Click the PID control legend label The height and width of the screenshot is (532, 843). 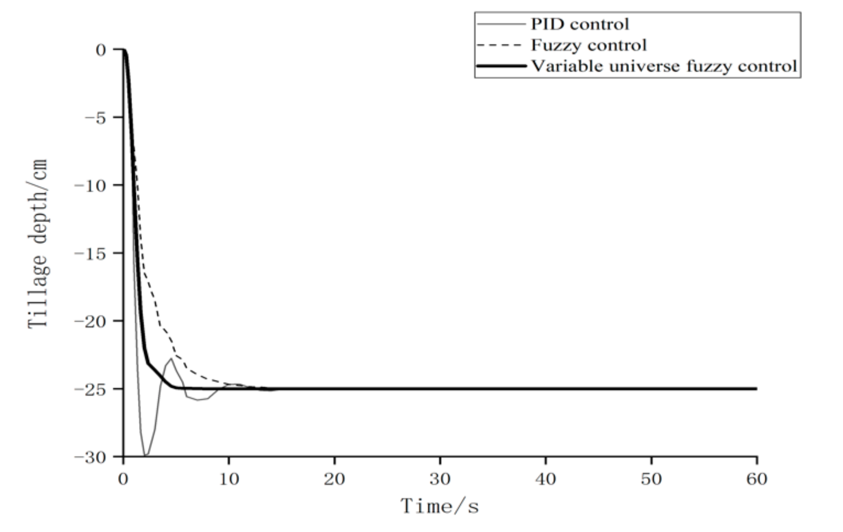[x=580, y=24]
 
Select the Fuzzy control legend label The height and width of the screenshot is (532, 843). [x=588, y=45]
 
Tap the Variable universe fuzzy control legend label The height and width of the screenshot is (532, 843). [x=664, y=66]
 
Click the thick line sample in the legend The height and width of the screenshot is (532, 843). [x=502, y=66]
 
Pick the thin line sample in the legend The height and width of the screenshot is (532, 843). [x=502, y=24]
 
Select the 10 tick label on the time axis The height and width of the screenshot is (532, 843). [x=229, y=479]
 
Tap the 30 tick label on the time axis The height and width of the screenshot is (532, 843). [x=440, y=479]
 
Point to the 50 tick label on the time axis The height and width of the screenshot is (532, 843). [x=651, y=479]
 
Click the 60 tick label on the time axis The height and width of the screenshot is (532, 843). [x=757, y=479]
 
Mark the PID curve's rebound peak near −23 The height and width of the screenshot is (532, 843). [x=171, y=358]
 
